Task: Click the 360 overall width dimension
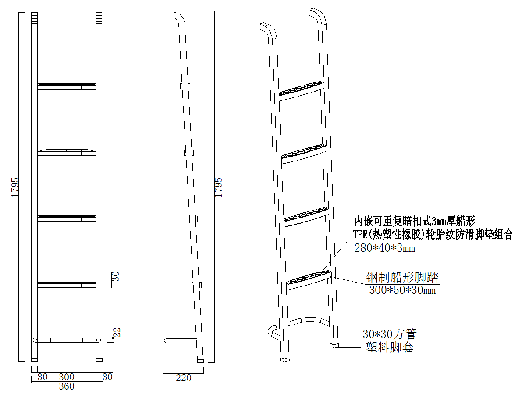coord(67,386)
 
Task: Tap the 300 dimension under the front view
coord(67,377)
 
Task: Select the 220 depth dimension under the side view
coord(183,378)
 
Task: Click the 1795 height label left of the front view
coord(15,187)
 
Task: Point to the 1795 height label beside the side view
coord(219,187)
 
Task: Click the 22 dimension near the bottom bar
coord(117,333)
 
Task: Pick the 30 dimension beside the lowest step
coord(116,276)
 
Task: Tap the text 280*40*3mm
coord(384,249)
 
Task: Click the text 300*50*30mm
coord(402,290)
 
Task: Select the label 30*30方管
coord(390,334)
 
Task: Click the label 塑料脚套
coord(390,348)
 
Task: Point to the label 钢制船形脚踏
coord(402,277)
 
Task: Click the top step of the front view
coord(67,86)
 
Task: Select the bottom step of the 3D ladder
coord(308,278)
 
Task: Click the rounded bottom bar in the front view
coord(67,340)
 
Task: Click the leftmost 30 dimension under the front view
coord(43,377)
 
